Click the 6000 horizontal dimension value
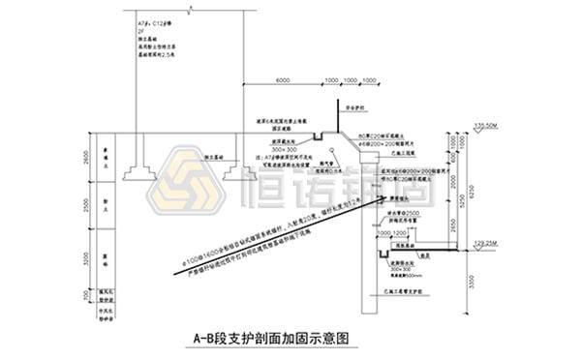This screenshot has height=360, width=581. (x=284, y=78)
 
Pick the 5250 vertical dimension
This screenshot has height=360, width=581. (x=458, y=198)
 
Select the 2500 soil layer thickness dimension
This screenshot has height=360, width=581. (x=86, y=205)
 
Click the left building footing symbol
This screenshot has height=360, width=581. (x=135, y=171)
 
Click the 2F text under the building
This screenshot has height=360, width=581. (x=141, y=30)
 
